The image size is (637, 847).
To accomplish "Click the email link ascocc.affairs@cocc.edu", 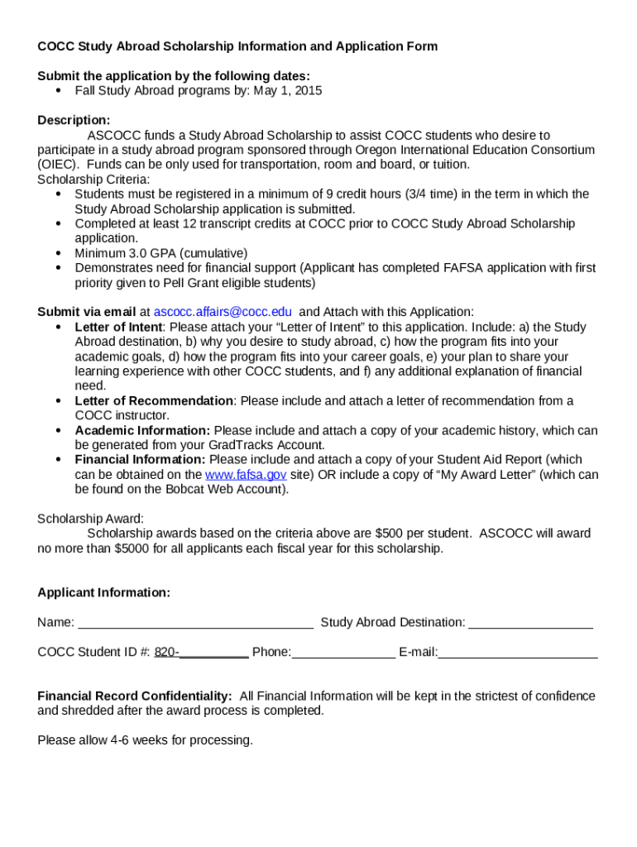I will click(223, 312).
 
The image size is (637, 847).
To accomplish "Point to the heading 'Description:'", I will click(74, 121).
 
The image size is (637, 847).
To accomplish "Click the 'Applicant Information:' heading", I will click(104, 593).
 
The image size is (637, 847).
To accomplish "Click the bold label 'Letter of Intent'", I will click(118, 327).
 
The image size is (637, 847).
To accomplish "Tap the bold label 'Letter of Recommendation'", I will click(154, 401).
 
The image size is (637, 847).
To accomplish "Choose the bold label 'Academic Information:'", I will click(142, 431).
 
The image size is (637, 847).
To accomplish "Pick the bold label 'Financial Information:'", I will click(140, 460).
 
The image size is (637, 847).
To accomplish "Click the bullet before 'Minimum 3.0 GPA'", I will click(59, 253).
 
